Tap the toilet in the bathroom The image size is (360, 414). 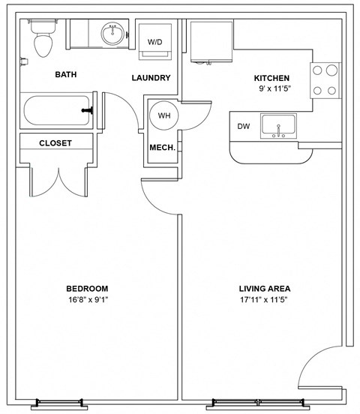[43, 40]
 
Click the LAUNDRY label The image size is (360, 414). [151, 78]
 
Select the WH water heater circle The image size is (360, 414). [163, 115]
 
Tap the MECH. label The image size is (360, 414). [163, 148]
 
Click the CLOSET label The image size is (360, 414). [55, 143]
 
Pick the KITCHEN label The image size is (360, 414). [271, 78]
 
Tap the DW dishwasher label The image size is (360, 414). [244, 126]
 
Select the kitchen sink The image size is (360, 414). [278, 126]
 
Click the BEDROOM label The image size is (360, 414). [88, 289]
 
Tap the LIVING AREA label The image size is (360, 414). [264, 289]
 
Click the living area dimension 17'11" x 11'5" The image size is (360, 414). [264, 299]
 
